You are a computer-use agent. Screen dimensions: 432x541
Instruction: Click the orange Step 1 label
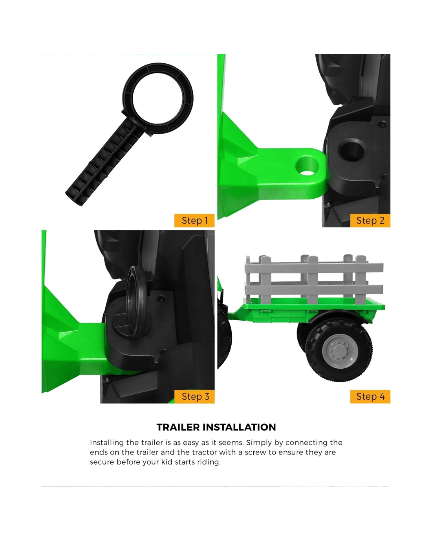click(x=194, y=220)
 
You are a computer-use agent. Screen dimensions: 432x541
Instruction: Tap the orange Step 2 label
click(x=370, y=220)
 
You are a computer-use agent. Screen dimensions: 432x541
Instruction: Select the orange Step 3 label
click(x=194, y=397)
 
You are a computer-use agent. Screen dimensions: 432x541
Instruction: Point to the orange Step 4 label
click(x=370, y=397)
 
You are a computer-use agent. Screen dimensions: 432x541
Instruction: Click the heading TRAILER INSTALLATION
click(x=216, y=427)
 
